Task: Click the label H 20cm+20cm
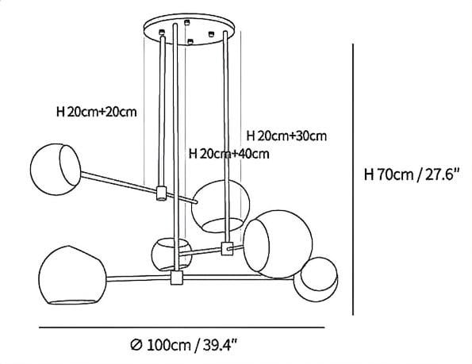coord(97,112)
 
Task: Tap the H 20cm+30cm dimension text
coord(286,136)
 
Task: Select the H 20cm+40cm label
coord(228,154)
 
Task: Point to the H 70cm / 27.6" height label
coord(412,174)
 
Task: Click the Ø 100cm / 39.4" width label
coord(184,345)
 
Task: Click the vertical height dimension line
coord(353,179)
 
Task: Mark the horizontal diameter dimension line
coord(182,328)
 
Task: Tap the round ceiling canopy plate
coord(189,29)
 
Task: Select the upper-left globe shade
coord(56,170)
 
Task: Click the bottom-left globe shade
coord(72,275)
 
